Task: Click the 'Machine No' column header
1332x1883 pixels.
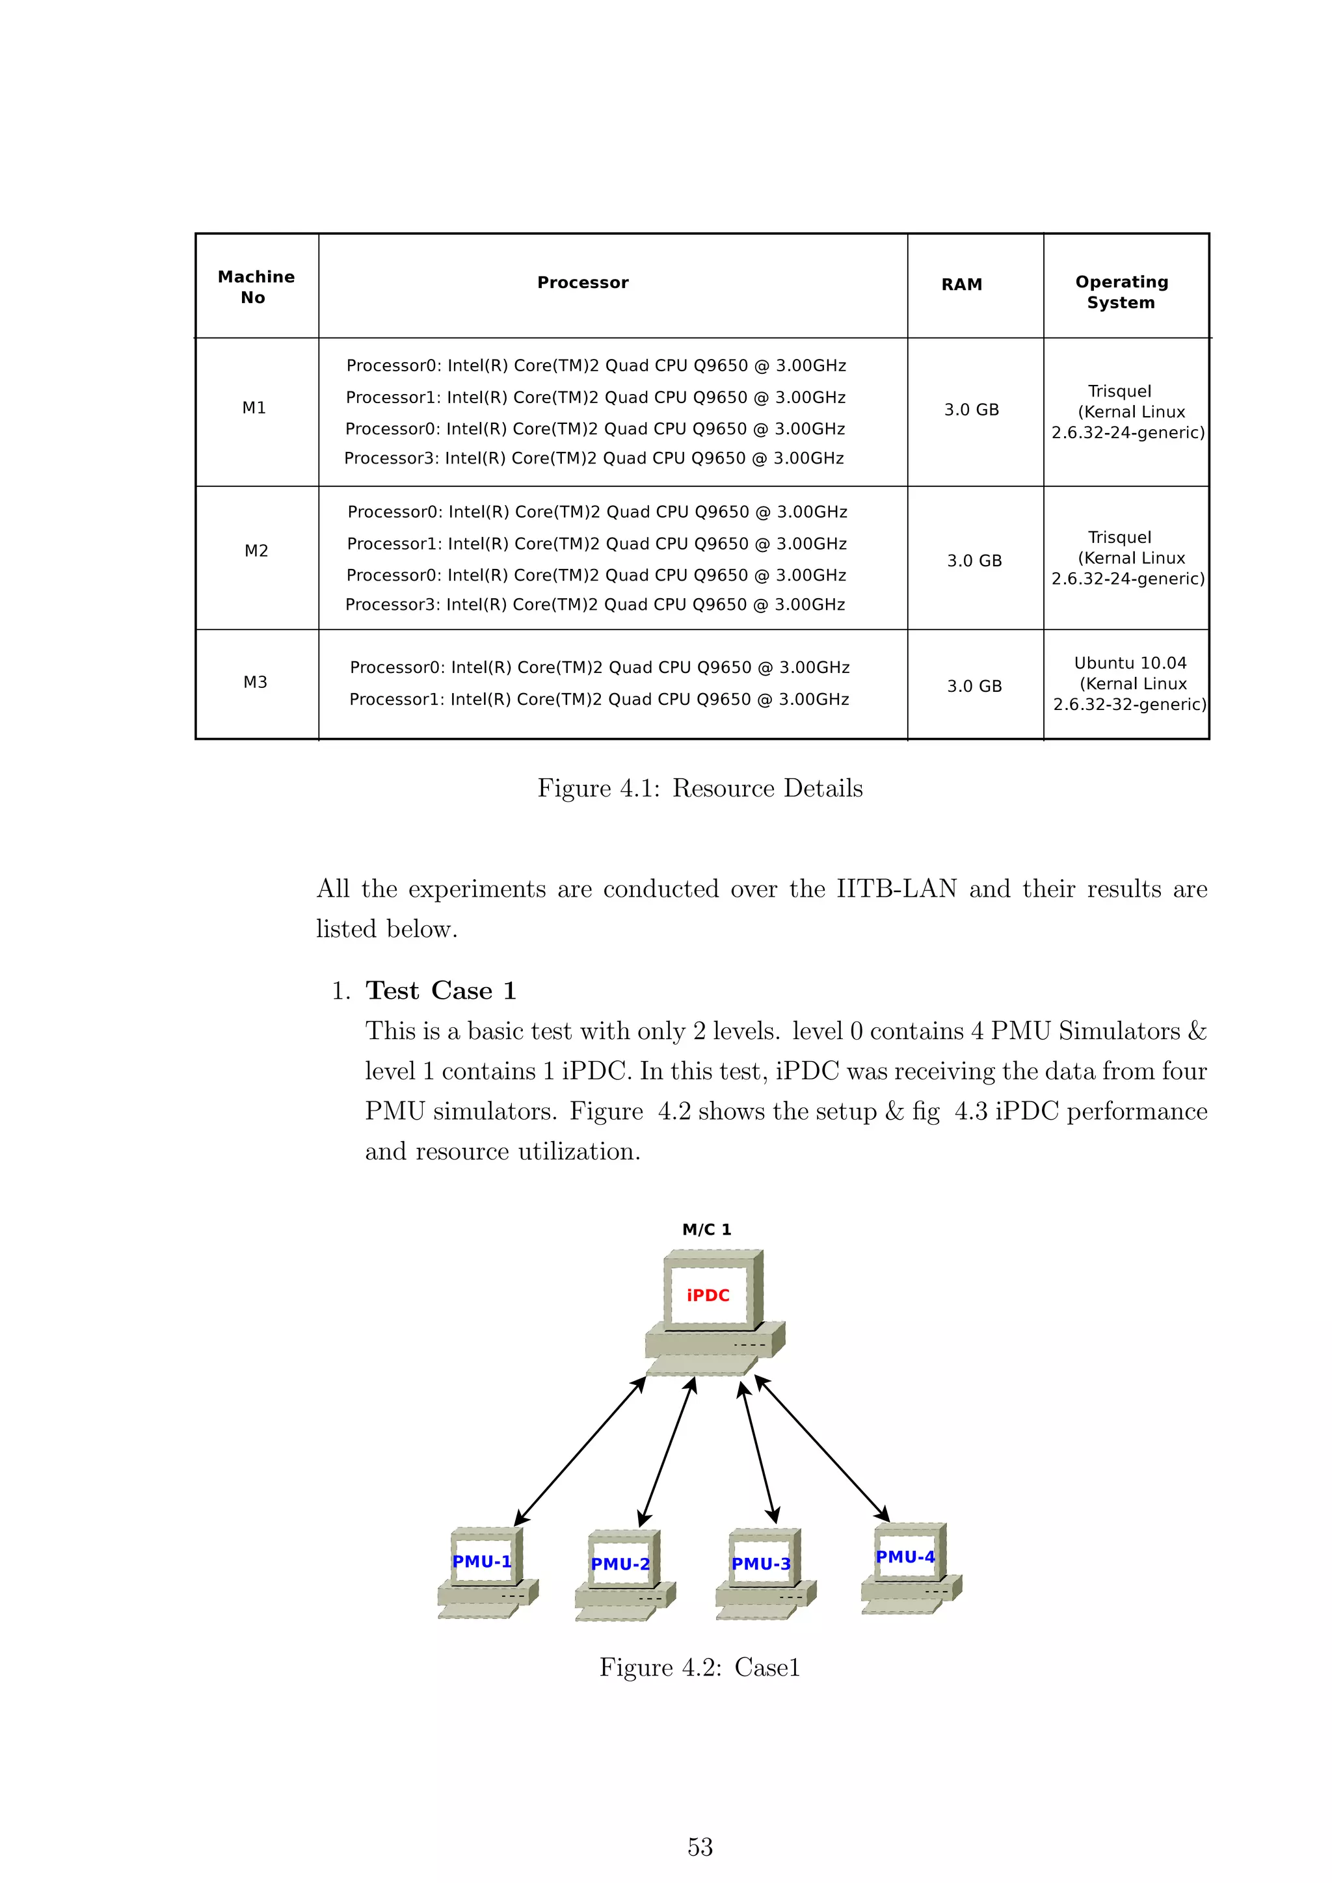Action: (x=256, y=287)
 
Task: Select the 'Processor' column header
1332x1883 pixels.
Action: (x=582, y=283)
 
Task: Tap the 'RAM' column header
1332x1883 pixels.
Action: (x=961, y=285)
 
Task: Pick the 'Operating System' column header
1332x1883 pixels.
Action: (x=1121, y=292)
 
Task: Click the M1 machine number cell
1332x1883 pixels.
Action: (x=254, y=408)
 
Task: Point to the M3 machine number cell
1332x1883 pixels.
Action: (x=255, y=682)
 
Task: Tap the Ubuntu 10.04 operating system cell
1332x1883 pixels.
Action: (x=1130, y=683)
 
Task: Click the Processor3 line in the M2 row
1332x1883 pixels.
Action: (x=594, y=605)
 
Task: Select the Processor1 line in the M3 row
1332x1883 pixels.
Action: (x=599, y=700)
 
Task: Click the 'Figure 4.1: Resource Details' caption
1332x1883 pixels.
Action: (x=700, y=788)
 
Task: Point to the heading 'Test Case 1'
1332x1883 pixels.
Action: (x=440, y=991)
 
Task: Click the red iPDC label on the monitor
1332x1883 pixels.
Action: (x=708, y=1295)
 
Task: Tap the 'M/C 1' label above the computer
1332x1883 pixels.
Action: (x=706, y=1230)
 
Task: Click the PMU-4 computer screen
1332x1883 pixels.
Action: (x=905, y=1557)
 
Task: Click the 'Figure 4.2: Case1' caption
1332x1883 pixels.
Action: (x=700, y=1667)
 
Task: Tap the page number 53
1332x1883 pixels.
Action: (x=700, y=1847)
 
